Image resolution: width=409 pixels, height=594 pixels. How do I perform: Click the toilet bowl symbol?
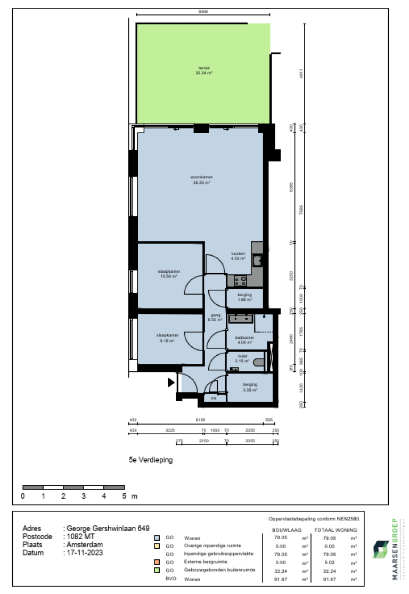(x=259, y=363)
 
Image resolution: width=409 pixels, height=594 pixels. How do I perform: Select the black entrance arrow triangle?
(x=171, y=382)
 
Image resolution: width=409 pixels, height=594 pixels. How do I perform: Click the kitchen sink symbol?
(x=257, y=260)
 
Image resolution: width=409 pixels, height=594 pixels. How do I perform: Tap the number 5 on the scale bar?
(x=124, y=497)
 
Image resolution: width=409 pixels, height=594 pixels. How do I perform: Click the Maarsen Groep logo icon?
(x=381, y=549)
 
